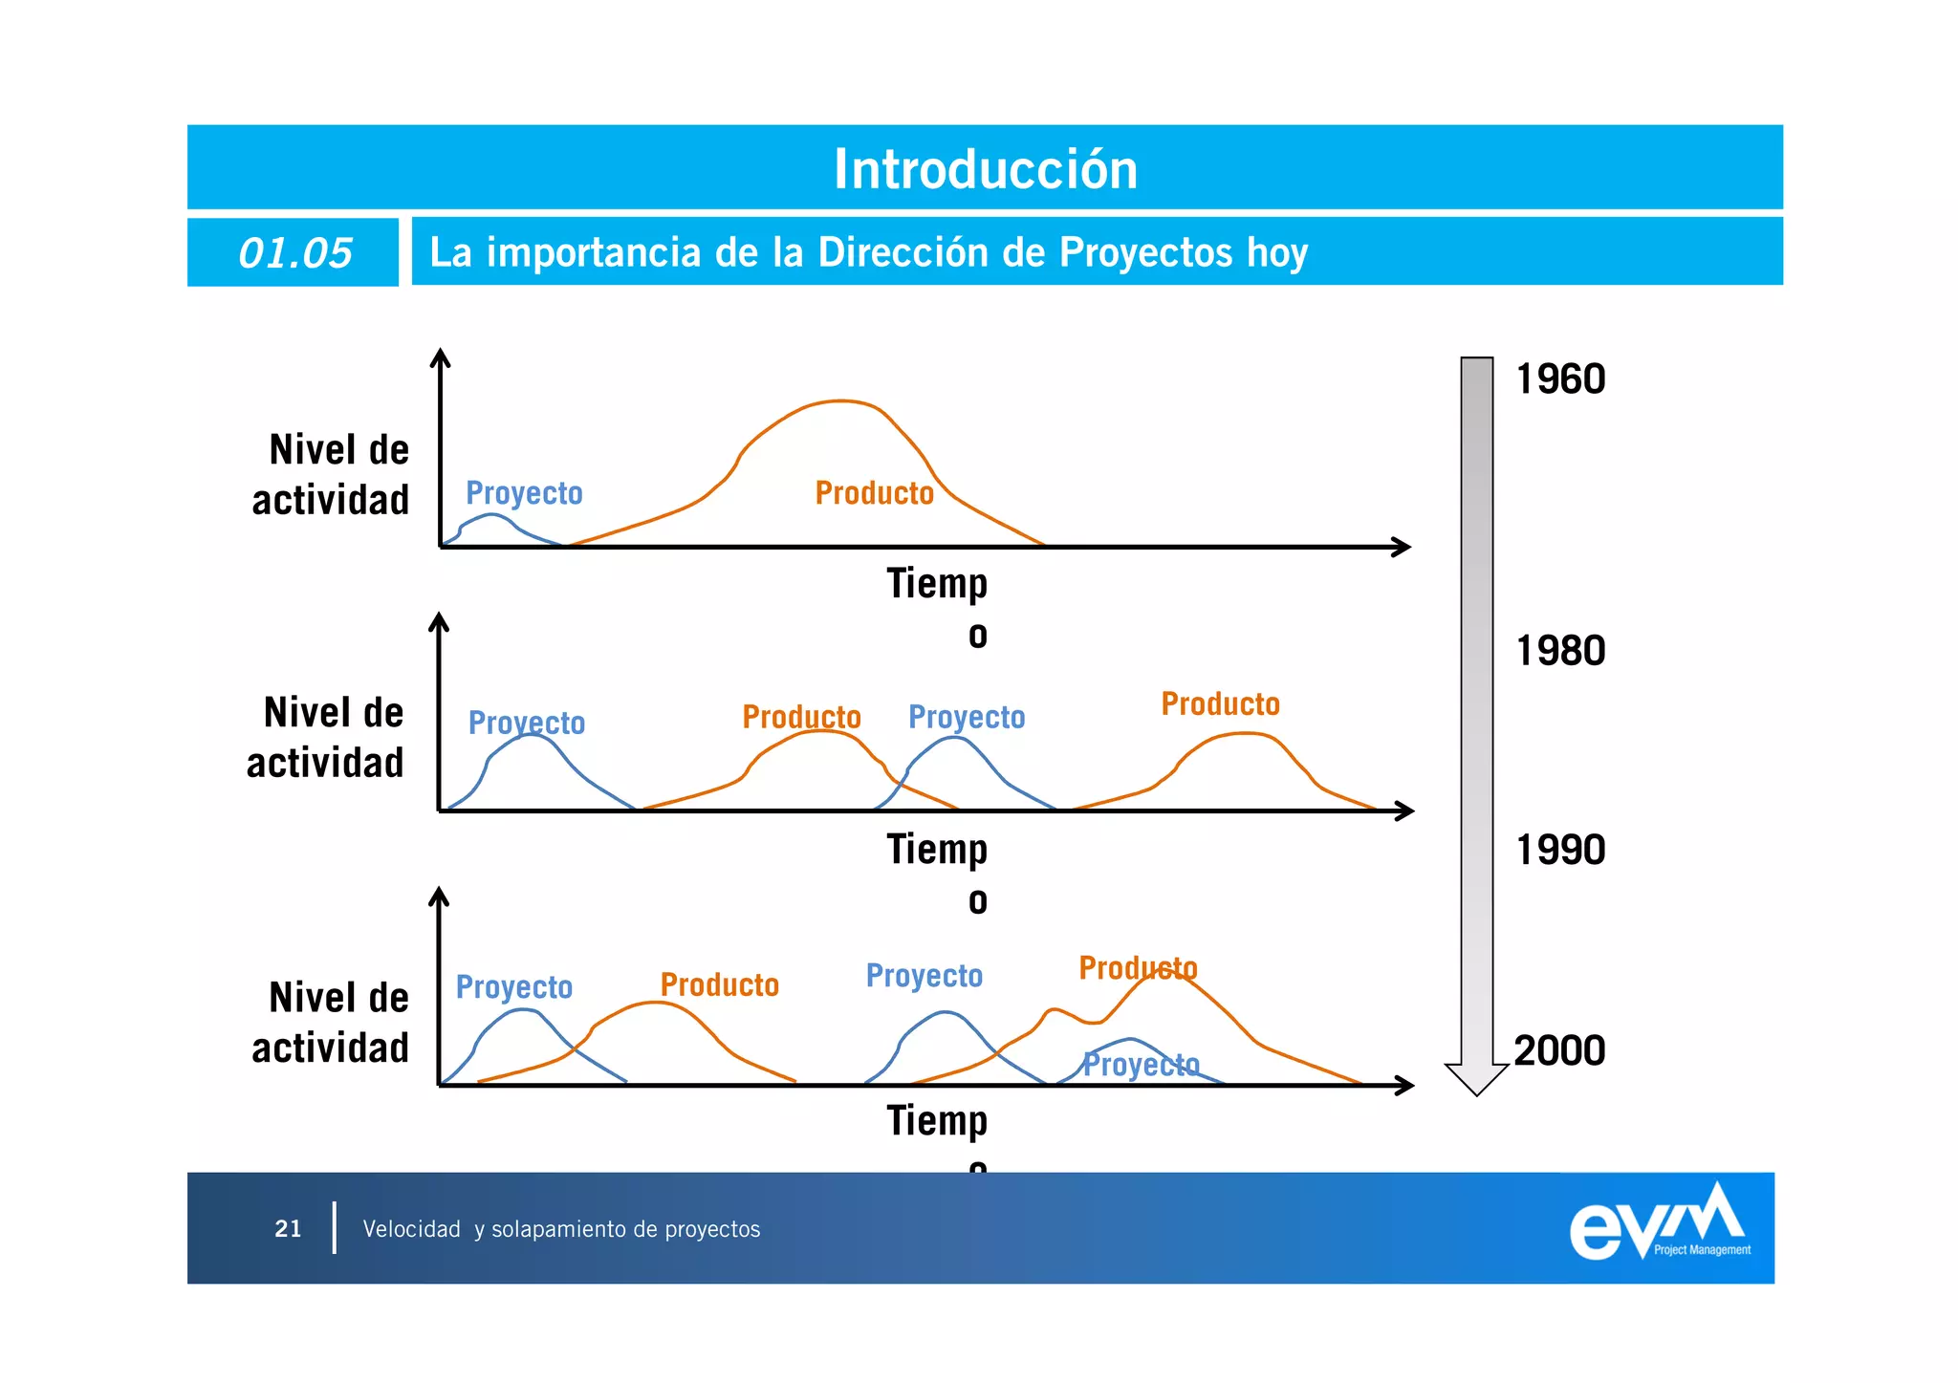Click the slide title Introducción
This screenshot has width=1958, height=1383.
coord(985,169)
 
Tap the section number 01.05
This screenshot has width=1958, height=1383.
coord(294,253)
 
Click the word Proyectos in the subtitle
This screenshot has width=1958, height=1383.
coord(1145,252)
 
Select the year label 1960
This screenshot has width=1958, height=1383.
coord(1560,379)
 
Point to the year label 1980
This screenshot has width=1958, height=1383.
coord(1560,651)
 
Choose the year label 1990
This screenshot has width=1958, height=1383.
coord(1560,850)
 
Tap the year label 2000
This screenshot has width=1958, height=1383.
coord(1559,1050)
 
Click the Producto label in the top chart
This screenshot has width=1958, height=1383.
coord(874,493)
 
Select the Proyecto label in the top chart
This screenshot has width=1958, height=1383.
coord(524,493)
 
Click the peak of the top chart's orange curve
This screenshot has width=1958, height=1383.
coord(839,401)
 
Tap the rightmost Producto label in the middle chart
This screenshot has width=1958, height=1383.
coord(1220,704)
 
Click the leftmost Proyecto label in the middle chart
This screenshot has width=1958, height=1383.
coord(526,723)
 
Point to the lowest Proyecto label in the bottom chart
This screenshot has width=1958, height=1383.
coord(1141,1064)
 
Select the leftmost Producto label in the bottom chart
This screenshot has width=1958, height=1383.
coord(719,985)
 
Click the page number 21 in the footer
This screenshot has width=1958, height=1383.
coord(288,1229)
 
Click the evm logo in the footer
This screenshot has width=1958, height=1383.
coord(1659,1224)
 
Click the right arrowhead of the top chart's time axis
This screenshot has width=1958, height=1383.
coord(1403,547)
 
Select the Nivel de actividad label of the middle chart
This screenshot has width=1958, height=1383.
coord(326,738)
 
